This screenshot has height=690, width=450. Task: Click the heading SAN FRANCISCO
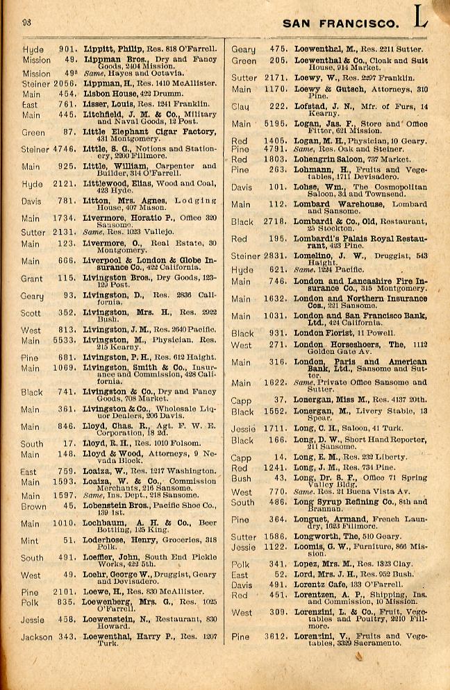pyautogui.click(x=341, y=24)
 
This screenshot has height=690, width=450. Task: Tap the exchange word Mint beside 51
pyautogui.click(x=31, y=541)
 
